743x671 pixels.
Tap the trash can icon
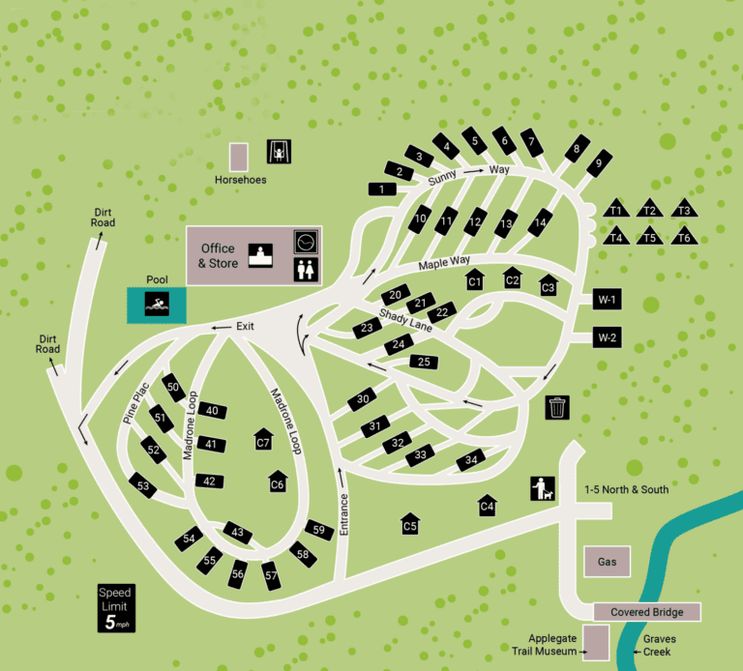coord(558,407)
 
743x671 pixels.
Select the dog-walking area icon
coord(543,489)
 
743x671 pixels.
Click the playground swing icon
coord(279,152)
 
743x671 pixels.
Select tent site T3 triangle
coord(684,210)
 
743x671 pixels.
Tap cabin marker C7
coord(262,441)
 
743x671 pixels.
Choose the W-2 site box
coord(608,337)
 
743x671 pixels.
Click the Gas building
coord(607,562)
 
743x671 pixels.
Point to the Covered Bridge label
coord(646,612)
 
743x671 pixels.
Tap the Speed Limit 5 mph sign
coord(115,608)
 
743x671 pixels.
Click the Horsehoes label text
coord(241,180)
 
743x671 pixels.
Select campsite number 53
coord(143,485)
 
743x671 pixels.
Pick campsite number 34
coord(470,460)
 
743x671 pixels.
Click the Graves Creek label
coord(660,645)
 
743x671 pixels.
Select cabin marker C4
coord(488,506)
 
